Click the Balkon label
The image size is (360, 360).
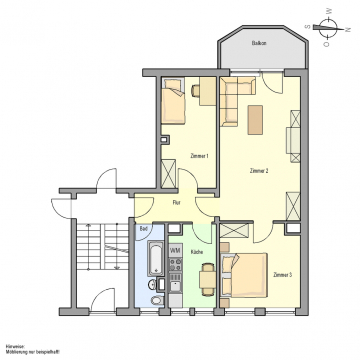pos(259,44)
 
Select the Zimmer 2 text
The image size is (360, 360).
pos(259,172)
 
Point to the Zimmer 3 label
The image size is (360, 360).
pos(283,274)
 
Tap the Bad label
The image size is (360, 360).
pos(145,228)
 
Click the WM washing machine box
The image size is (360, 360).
pos(174,248)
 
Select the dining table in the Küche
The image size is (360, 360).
pos(207,281)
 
